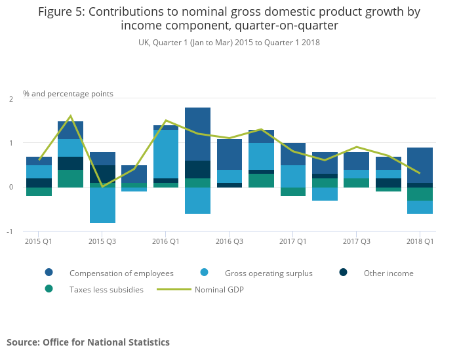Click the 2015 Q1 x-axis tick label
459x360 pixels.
pos(39,241)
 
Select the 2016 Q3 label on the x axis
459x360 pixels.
pos(229,241)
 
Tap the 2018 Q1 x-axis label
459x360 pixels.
pos(420,241)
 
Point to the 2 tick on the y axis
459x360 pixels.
pos(10,99)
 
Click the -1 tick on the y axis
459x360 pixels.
pos(10,231)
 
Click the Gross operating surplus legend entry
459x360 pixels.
pos(268,273)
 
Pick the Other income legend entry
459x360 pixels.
pos(389,273)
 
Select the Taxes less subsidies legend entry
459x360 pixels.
pos(106,289)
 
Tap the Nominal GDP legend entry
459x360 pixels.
pos(220,289)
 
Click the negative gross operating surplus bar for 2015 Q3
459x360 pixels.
pos(102,205)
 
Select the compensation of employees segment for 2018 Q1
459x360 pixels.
pos(420,165)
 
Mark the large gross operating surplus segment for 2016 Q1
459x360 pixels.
pos(166,154)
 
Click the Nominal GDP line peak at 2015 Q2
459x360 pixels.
pos(70,116)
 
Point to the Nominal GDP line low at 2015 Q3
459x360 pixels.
pos(102,186)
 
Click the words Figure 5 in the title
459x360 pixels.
pos(66,12)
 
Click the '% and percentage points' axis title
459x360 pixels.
pos(68,94)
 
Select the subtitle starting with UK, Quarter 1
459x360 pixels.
pos(229,42)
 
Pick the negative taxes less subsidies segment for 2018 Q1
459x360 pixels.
pos(420,194)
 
